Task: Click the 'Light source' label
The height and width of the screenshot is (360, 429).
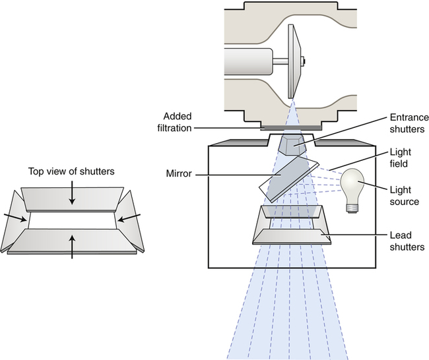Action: [403, 195]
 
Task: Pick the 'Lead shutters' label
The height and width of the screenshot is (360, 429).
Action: [403, 241]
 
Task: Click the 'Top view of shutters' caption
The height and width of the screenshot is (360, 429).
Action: [72, 171]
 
